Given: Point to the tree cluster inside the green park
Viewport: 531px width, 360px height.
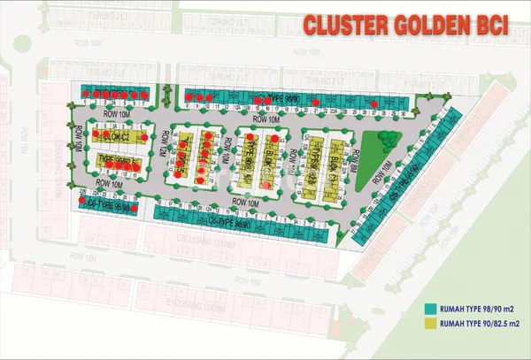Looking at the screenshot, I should [x=386, y=136].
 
